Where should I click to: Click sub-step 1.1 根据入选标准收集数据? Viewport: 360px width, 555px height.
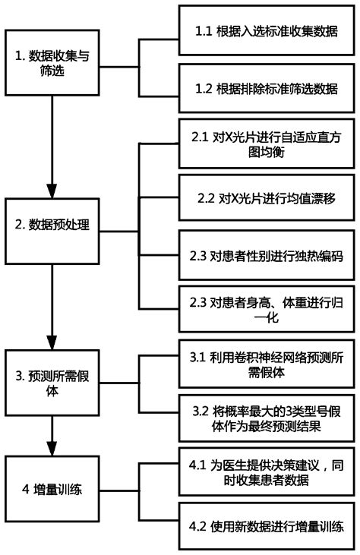click(x=266, y=34)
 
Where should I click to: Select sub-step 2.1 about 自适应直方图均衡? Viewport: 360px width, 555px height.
click(x=266, y=145)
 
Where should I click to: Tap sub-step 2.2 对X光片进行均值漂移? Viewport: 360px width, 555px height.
click(x=266, y=201)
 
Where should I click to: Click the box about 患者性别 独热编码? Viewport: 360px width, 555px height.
click(x=266, y=256)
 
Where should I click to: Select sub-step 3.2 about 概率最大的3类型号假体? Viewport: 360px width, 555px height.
click(x=266, y=418)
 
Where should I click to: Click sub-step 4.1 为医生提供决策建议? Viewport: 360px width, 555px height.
click(x=266, y=471)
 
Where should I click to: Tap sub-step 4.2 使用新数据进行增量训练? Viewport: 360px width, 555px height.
click(x=266, y=526)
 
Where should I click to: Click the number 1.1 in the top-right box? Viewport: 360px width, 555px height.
click(x=203, y=34)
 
